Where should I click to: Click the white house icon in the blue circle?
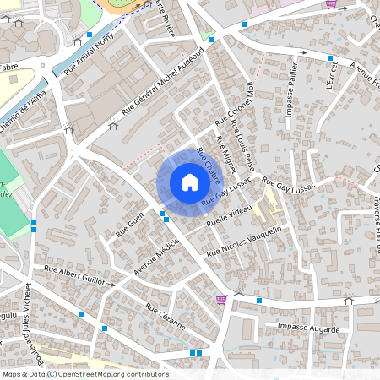tap(190, 182)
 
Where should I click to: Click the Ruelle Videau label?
tap(229, 217)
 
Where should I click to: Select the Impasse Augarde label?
tap(308, 328)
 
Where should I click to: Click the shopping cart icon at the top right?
tap(330, 5)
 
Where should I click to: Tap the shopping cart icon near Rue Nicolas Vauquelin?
tap(221, 299)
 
